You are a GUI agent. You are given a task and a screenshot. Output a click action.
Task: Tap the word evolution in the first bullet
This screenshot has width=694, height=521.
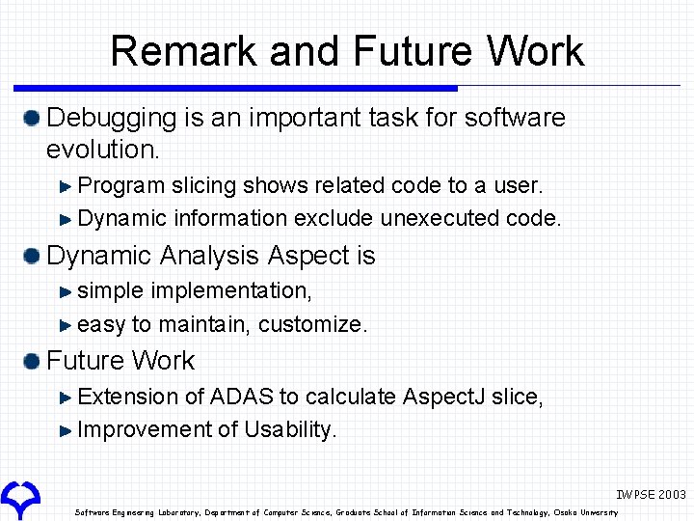pos(100,150)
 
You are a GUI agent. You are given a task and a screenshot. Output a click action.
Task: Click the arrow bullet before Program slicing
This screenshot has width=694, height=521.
pos(66,185)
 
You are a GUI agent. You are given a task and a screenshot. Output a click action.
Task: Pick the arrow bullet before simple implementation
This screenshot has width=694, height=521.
pos(66,290)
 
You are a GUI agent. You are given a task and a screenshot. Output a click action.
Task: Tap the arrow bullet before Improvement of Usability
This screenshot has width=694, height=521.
pos(66,430)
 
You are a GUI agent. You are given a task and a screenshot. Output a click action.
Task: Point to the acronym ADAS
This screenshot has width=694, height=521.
pos(241,397)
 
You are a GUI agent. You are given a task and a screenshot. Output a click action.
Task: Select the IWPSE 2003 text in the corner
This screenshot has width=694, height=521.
pos(651,494)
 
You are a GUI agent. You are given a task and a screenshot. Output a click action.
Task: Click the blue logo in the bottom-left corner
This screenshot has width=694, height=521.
pos(20,497)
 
